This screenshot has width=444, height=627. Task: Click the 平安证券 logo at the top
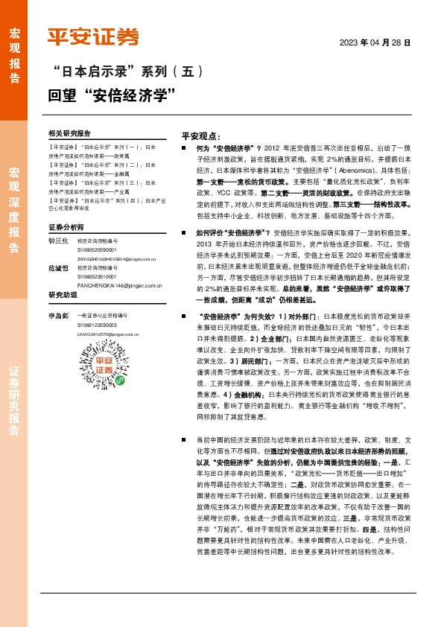click(93, 37)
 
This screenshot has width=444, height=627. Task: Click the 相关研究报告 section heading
click(69, 133)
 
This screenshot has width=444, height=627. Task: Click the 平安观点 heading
click(200, 137)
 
